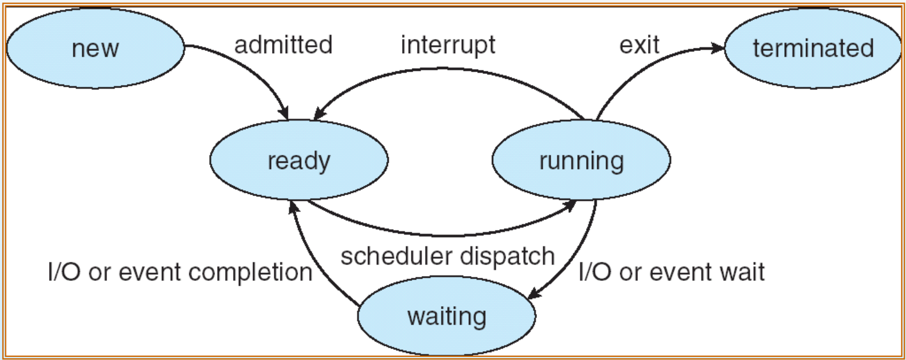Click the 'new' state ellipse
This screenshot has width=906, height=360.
(x=95, y=48)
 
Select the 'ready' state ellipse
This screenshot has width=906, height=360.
(x=299, y=160)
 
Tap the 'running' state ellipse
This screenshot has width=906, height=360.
(x=581, y=160)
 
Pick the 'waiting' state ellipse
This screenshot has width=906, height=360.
(x=446, y=316)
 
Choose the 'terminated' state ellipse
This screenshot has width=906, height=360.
(x=813, y=48)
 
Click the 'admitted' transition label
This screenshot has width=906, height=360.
(x=283, y=44)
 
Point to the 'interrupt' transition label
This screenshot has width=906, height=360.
(x=448, y=44)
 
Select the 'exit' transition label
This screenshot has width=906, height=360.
(x=639, y=44)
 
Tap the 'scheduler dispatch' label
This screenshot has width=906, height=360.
(x=448, y=256)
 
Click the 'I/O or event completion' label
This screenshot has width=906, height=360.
(x=180, y=272)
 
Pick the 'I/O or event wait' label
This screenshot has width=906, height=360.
(x=671, y=272)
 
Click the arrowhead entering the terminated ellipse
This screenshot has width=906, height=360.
(x=718, y=48)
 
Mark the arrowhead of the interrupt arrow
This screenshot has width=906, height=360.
(x=319, y=113)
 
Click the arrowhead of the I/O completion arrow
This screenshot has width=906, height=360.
(x=292, y=206)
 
